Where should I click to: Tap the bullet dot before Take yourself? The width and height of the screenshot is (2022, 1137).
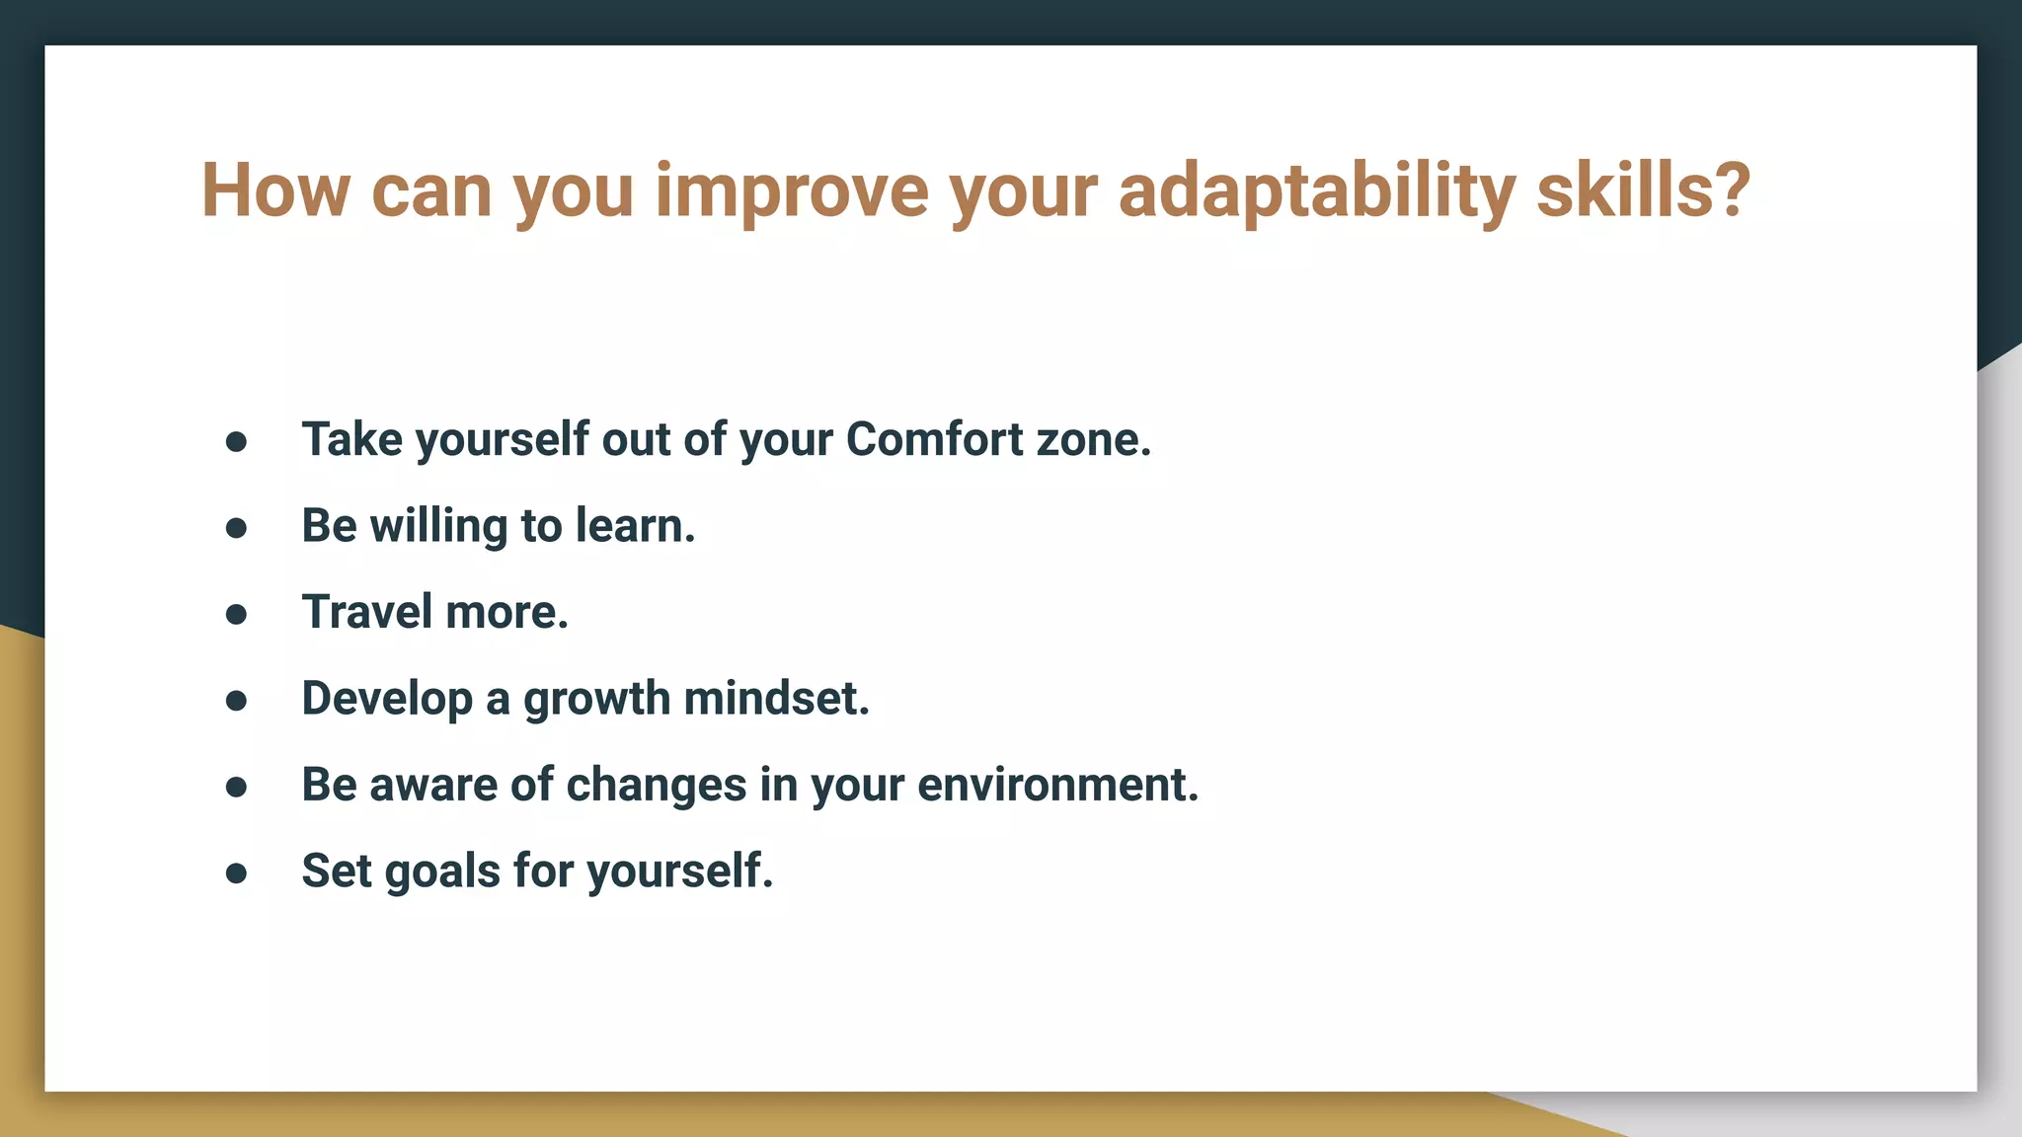[x=236, y=442]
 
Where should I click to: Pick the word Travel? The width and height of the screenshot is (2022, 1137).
[x=366, y=612]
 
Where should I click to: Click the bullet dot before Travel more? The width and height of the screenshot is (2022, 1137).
[x=236, y=615]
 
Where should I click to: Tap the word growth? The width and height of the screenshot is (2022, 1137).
[x=596, y=699]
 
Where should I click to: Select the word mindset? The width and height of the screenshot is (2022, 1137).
[x=776, y=699]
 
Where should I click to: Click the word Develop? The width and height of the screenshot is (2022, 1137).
[x=387, y=699]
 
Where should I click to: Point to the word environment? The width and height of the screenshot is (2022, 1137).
[x=1056, y=786]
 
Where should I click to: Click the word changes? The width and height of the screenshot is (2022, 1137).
[x=656, y=786]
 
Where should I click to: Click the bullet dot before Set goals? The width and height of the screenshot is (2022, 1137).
[x=236, y=873]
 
